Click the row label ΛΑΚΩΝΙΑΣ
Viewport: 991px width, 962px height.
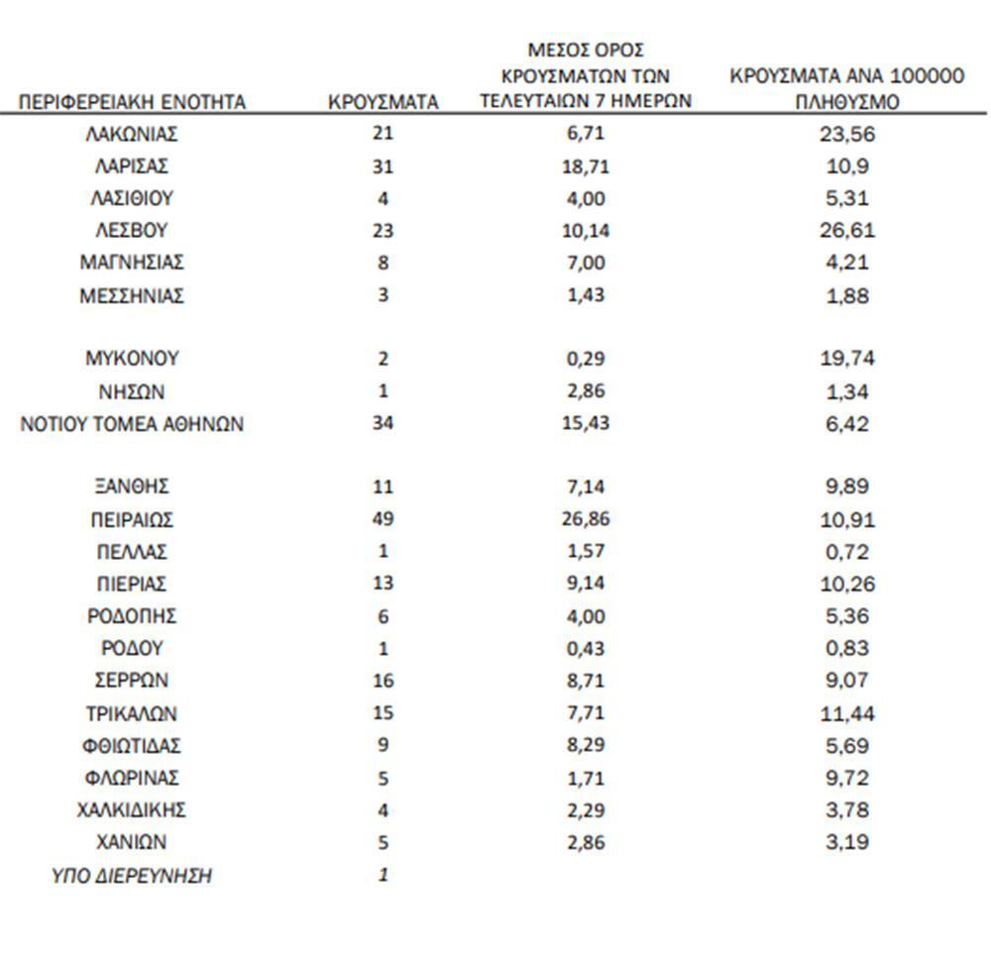click(x=132, y=134)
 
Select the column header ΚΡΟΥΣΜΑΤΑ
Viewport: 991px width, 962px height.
click(x=383, y=102)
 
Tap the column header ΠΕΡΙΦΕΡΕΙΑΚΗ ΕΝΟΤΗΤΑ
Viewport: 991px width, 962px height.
click(x=132, y=102)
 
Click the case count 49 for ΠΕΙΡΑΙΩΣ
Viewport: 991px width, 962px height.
click(x=383, y=519)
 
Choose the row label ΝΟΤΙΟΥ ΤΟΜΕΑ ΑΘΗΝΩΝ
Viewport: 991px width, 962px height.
click(x=132, y=425)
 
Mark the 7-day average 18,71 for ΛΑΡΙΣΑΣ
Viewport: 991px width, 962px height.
click(x=588, y=166)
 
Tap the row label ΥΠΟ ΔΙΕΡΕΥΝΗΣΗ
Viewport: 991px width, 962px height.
click(x=132, y=877)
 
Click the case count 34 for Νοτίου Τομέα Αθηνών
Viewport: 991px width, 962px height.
click(x=383, y=425)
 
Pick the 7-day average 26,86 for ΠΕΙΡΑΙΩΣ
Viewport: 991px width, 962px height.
click(x=588, y=519)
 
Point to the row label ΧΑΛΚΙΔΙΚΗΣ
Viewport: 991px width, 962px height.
click(x=132, y=810)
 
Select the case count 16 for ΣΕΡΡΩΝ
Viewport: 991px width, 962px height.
click(x=383, y=681)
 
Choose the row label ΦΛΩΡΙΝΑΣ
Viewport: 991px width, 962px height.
click(x=132, y=778)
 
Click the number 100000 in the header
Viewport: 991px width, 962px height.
click(x=917, y=77)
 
